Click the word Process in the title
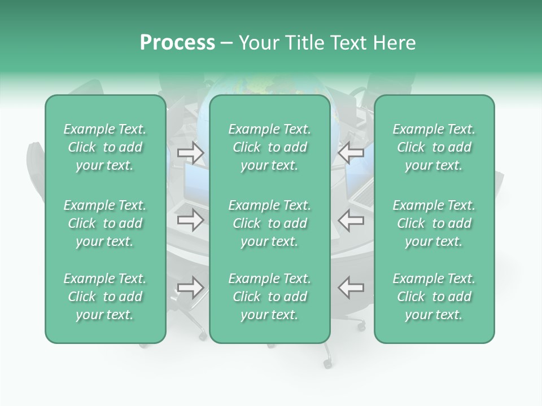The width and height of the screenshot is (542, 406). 177,43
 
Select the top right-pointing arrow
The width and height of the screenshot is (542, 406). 191,152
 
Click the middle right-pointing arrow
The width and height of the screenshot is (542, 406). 191,220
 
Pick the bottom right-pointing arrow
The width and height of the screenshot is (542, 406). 191,288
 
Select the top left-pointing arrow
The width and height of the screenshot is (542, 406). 351,152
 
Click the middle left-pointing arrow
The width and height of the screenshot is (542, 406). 351,220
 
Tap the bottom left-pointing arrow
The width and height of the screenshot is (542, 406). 351,288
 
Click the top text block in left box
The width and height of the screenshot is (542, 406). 105,147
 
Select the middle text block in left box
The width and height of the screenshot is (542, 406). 105,223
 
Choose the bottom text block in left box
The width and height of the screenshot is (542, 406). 105,297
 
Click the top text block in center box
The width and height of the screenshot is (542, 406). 269,147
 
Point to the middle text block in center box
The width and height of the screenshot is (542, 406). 269,223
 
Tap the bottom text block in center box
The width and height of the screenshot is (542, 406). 269,297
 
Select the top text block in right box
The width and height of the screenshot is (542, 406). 434,147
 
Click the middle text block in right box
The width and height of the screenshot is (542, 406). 434,223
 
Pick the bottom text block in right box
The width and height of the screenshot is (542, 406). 434,297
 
